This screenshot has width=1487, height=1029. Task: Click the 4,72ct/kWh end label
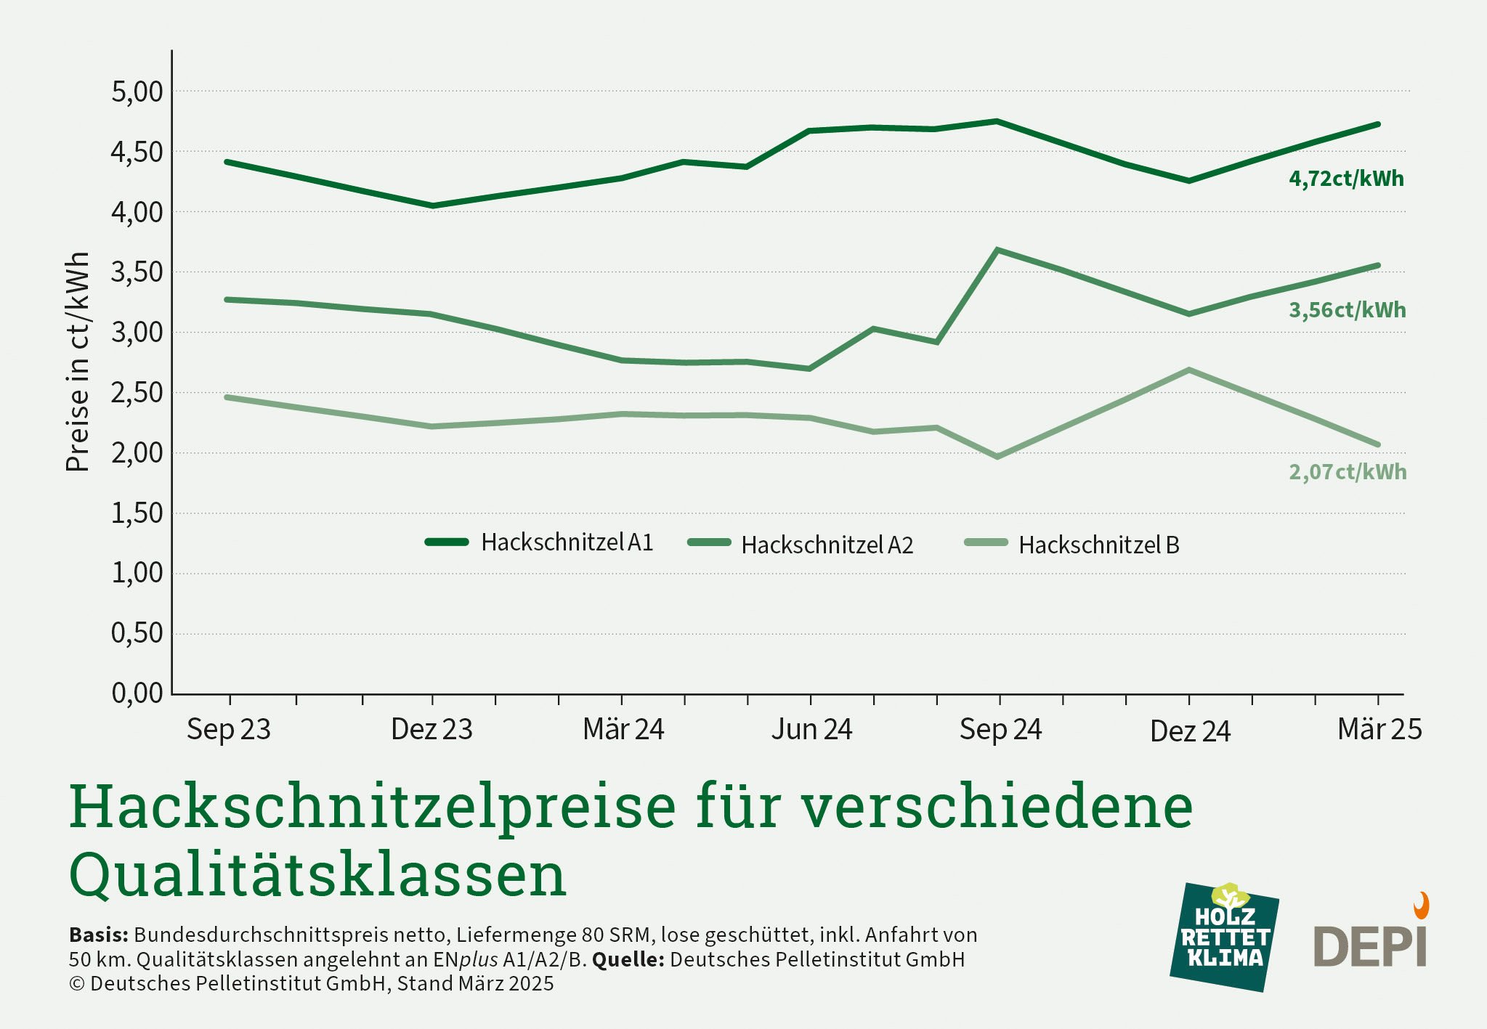pyautogui.click(x=1346, y=179)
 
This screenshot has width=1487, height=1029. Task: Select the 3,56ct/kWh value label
pyautogui.click(x=1347, y=310)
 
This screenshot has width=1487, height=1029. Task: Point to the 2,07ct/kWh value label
pyautogui.click(x=1347, y=472)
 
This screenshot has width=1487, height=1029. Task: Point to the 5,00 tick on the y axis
pyautogui.click(x=137, y=92)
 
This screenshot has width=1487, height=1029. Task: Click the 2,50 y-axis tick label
pyautogui.click(x=137, y=393)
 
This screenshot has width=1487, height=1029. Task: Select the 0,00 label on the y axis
pyautogui.click(x=137, y=693)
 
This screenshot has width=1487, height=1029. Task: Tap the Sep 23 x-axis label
pyautogui.click(x=229, y=729)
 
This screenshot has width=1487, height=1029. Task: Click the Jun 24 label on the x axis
pyautogui.click(x=811, y=729)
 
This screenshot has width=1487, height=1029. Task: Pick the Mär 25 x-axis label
pyautogui.click(x=1379, y=729)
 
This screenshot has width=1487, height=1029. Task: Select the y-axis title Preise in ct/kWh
pyautogui.click(x=77, y=362)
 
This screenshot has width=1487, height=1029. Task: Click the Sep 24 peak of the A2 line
pyautogui.click(x=1000, y=251)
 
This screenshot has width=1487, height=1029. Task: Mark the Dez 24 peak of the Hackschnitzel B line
pyautogui.click(x=1188, y=370)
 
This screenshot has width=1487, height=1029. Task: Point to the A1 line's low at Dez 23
pyautogui.click(x=433, y=206)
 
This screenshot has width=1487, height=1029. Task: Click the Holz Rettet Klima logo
pyautogui.click(x=1224, y=937)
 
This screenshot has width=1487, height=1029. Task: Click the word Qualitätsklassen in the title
pyautogui.click(x=317, y=875)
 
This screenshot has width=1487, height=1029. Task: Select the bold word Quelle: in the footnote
pyautogui.click(x=628, y=959)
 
